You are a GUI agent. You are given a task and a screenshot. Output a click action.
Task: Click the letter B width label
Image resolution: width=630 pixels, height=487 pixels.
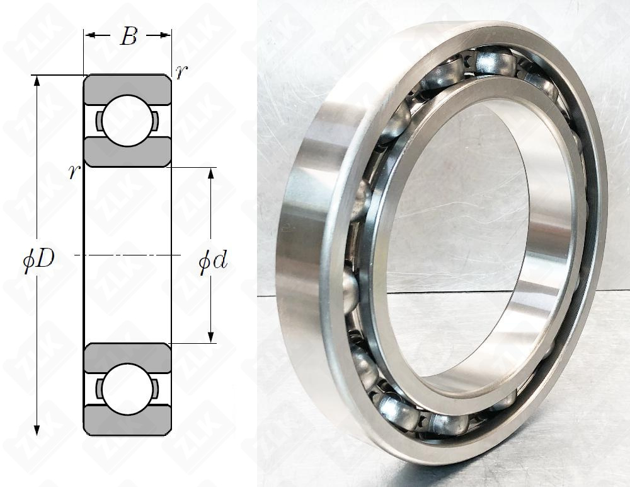coord(128,37)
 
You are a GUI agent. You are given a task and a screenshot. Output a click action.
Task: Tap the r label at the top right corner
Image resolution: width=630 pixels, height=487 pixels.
coord(181,72)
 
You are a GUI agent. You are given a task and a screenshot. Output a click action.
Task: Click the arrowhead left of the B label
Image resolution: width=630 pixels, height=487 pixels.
coord(89,36)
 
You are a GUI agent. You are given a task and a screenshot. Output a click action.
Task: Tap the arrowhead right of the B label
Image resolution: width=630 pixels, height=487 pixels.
coord(166,36)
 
